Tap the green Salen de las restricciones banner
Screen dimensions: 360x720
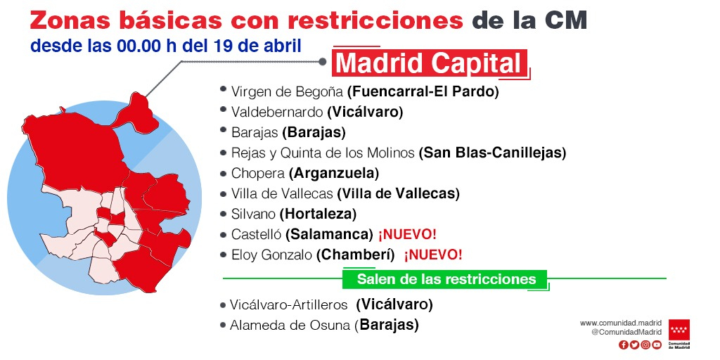(446, 279)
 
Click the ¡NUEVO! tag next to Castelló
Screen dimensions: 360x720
(407, 234)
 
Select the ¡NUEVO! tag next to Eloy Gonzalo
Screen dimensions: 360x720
(433, 255)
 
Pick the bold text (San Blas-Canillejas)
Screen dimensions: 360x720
(492, 153)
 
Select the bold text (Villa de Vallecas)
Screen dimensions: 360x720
(398, 193)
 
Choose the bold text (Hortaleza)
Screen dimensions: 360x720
(318, 214)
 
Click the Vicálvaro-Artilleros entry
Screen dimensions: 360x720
(288, 304)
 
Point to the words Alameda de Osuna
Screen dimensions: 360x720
(290, 325)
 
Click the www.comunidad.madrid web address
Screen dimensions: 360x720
(622, 323)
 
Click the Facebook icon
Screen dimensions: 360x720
(623, 345)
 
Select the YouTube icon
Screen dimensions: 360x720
(657, 345)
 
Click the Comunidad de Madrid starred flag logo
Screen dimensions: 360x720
(679, 330)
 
